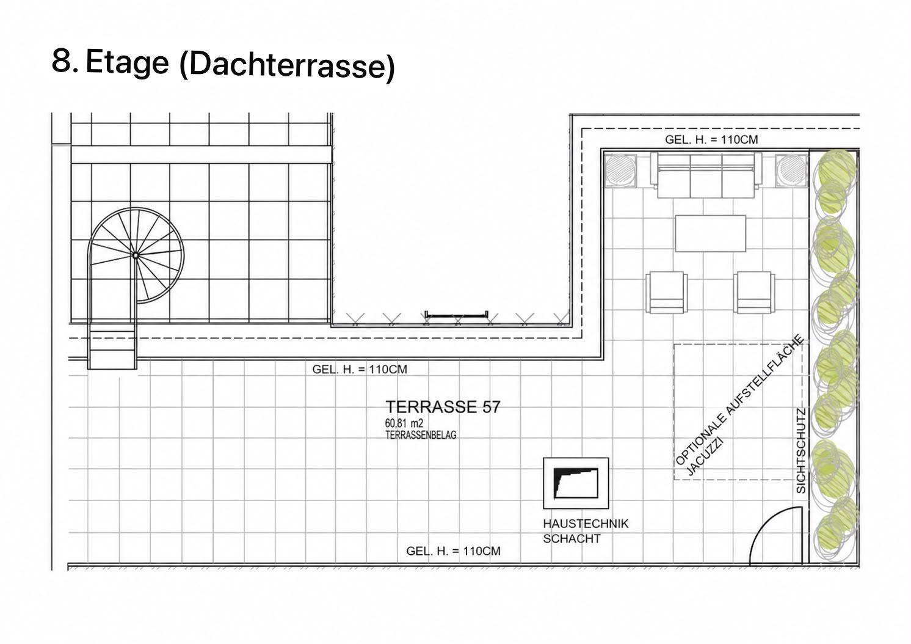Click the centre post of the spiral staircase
(136, 255)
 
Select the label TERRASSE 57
(443, 407)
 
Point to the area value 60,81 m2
(404, 424)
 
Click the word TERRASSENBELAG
(421, 435)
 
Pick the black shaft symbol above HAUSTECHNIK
(576, 483)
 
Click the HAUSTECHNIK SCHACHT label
(586, 531)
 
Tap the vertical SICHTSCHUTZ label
(800, 451)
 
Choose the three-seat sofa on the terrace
(706, 175)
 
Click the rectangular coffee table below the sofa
(711, 233)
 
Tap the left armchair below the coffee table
(667, 292)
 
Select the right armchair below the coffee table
(755, 292)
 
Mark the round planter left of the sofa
(620, 170)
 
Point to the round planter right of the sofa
(791, 170)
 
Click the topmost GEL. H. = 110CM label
(711, 140)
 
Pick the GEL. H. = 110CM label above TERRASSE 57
(360, 369)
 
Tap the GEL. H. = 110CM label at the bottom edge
(453, 551)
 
